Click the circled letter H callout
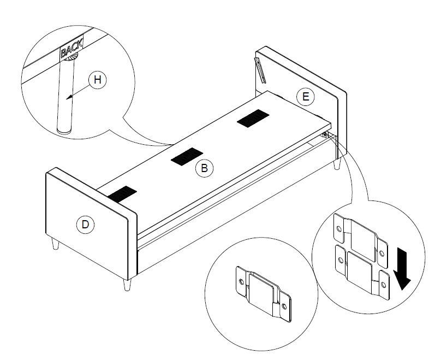[97, 80]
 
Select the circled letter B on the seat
[204, 168]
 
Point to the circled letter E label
[306, 97]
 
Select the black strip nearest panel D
[121, 193]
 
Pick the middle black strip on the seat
[187, 157]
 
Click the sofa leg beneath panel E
[338, 164]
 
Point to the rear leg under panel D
[55, 244]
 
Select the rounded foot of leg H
[65, 130]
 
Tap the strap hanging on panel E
[260, 69]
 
